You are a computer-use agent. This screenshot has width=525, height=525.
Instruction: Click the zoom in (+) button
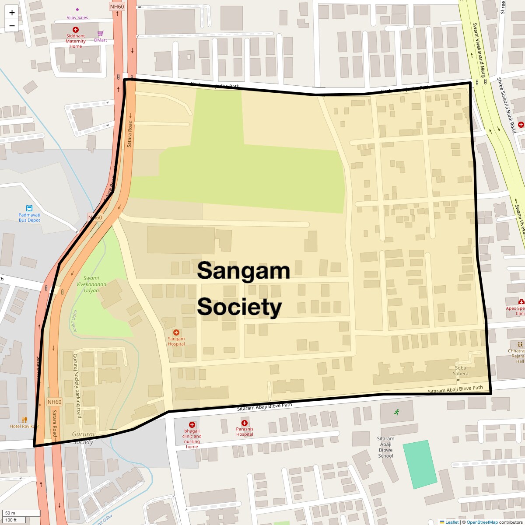pyautogui.click(x=12, y=13)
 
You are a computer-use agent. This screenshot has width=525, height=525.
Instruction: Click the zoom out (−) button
pyautogui.click(x=12, y=25)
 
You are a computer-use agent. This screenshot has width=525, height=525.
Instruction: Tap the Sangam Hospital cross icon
pyautogui.click(x=176, y=332)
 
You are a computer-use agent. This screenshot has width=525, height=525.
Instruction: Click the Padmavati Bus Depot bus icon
pyautogui.click(x=29, y=208)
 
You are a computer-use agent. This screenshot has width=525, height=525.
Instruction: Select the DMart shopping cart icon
pyautogui.click(x=101, y=34)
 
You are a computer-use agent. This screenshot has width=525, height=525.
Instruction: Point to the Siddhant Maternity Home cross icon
pyautogui.click(x=76, y=29)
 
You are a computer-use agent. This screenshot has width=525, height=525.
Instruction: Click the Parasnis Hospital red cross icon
pyautogui.click(x=245, y=423)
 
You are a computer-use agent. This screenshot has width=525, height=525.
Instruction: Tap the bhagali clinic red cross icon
pyautogui.click(x=192, y=425)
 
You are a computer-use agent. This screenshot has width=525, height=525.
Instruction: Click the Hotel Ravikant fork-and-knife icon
pyautogui.click(x=24, y=420)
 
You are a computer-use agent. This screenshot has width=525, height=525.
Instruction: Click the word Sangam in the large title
pyautogui.click(x=243, y=271)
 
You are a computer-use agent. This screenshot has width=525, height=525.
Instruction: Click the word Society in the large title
pyautogui.click(x=239, y=307)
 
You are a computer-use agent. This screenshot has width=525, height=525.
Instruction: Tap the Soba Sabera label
pyautogui.click(x=461, y=371)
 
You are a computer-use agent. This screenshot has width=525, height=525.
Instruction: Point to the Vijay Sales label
pyautogui.click(x=77, y=17)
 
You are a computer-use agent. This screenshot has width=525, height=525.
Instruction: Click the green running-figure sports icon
pyautogui.click(x=396, y=412)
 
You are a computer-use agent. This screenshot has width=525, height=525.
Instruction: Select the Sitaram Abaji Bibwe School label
pyautogui.click(x=385, y=447)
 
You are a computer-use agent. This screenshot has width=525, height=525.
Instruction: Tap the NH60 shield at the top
pyautogui.click(x=117, y=7)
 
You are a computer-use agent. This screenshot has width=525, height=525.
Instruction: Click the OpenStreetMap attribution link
pyautogui.click(x=482, y=522)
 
